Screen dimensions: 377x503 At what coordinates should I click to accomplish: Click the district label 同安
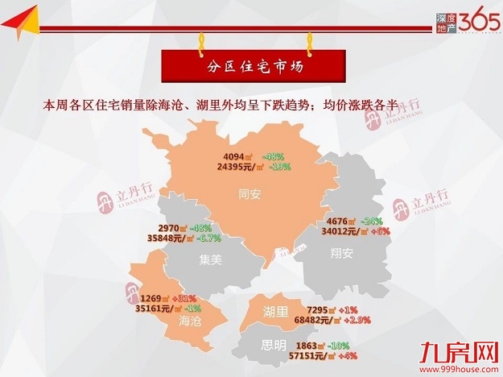(x=250, y=193)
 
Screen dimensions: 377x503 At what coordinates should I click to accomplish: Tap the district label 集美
(x=212, y=259)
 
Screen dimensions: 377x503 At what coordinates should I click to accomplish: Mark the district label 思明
(x=273, y=346)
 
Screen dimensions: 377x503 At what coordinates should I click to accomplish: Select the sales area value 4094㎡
(x=239, y=156)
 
